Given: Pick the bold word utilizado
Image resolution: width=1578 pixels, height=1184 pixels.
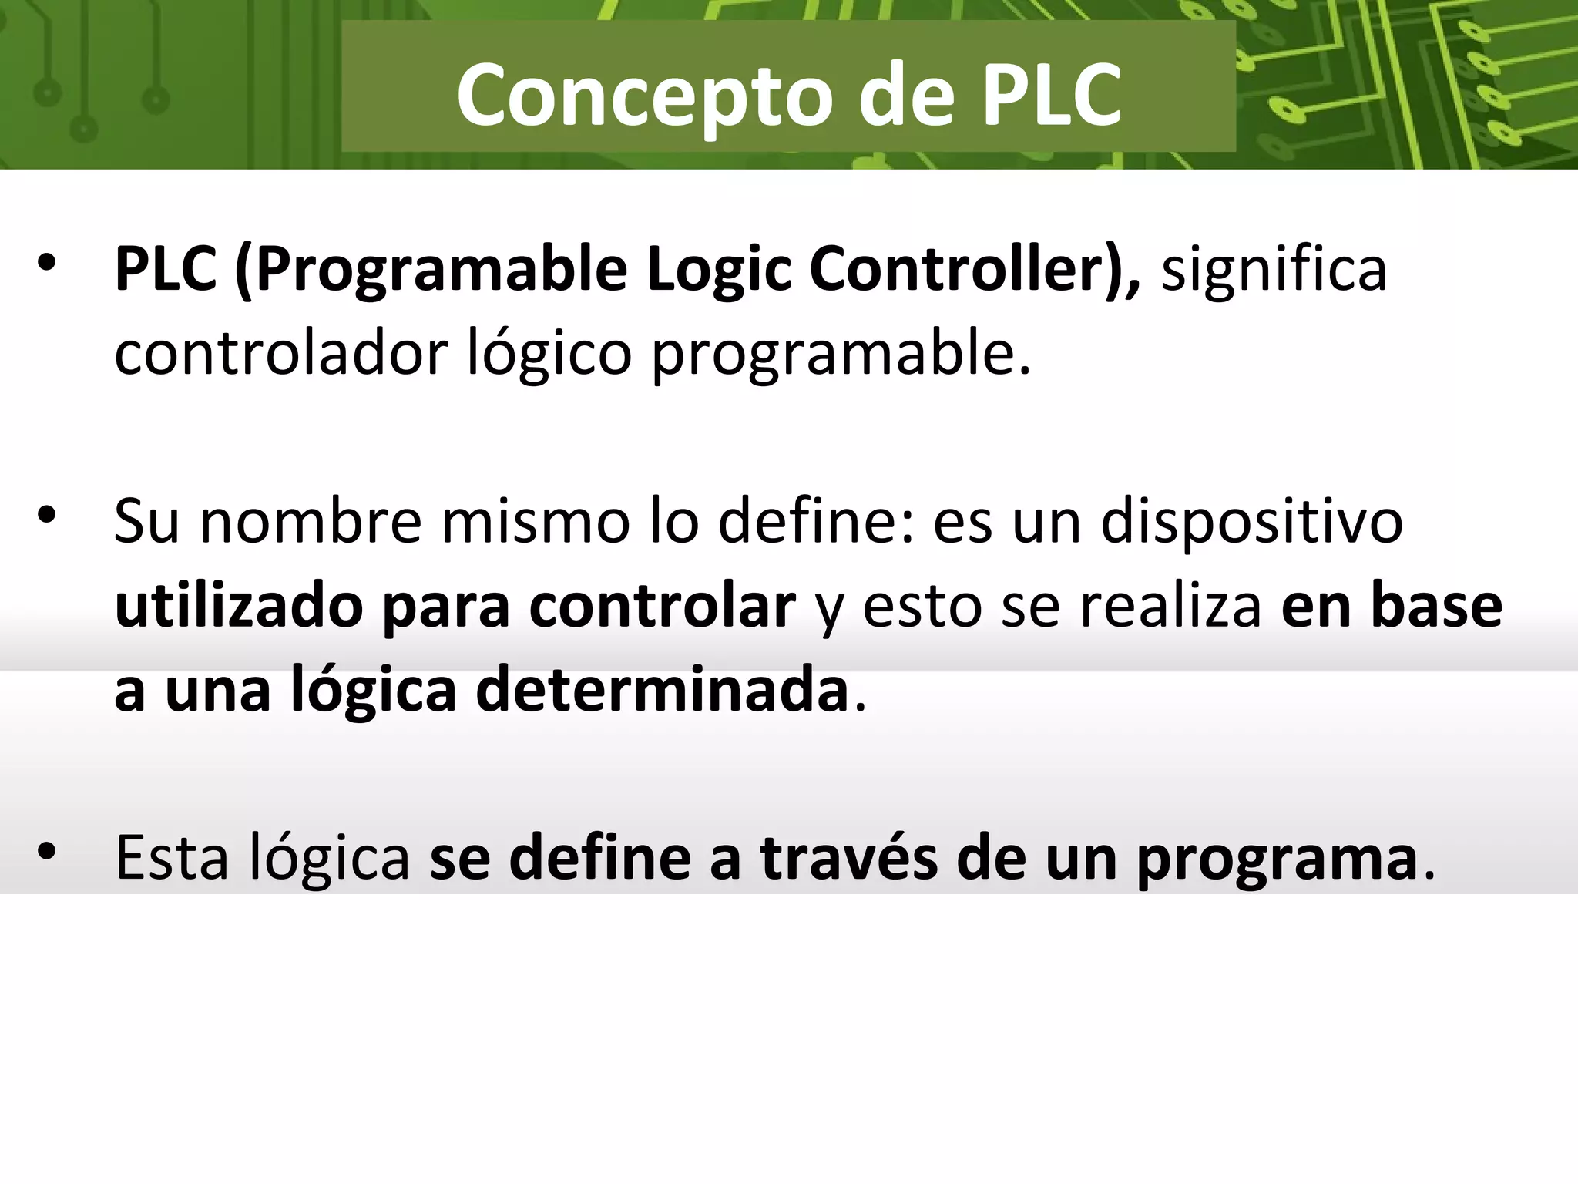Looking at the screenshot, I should [239, 606].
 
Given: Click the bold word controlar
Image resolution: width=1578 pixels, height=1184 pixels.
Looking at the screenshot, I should [662, 606].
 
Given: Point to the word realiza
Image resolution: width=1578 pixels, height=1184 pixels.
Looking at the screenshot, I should [1170, 606].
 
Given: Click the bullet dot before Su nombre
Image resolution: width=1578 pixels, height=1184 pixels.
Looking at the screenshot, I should [47, 515].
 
